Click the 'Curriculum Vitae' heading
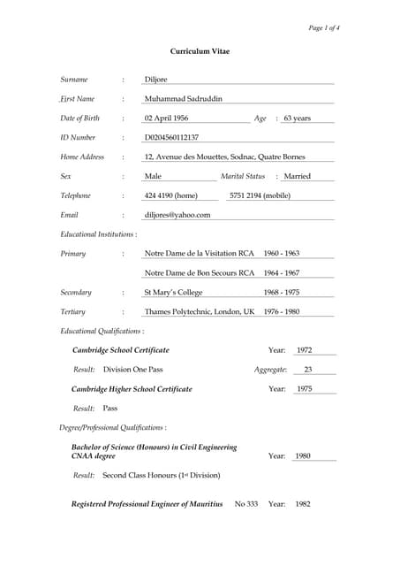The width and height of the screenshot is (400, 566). (200, 51)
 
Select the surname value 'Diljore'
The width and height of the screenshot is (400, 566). (155, 80)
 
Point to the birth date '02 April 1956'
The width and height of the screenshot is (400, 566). (166, 119)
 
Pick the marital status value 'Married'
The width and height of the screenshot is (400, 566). (297, 176)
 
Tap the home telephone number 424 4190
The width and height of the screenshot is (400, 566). (170, 195)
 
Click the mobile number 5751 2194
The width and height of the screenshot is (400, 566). (260, 195)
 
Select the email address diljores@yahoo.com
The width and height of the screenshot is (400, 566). (177, 215)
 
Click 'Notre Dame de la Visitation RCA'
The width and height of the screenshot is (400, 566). (200, 253)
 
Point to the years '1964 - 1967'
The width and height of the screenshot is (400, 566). (281, 273)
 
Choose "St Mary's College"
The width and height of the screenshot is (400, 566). (173, 293)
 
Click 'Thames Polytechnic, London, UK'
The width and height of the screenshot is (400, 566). (200, 312)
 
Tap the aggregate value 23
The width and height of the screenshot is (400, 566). (308, 370)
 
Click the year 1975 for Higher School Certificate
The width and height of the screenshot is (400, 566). (304, 389)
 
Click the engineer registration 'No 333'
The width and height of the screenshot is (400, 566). (246, 504)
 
